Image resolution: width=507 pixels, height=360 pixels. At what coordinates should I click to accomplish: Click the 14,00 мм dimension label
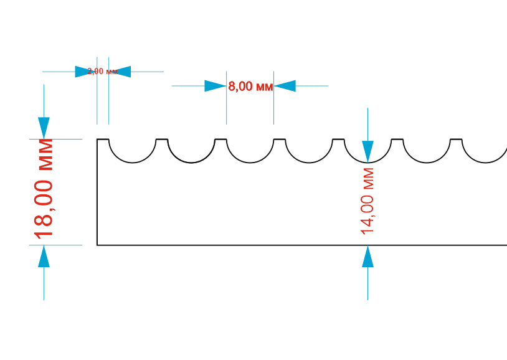367,201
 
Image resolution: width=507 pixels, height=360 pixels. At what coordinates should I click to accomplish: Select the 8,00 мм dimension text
250,87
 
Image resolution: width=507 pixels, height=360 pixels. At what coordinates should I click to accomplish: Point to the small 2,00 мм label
103,72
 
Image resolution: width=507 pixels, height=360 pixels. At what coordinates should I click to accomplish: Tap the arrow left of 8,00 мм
215,86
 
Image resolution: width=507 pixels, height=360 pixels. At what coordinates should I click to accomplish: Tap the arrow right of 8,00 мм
285,86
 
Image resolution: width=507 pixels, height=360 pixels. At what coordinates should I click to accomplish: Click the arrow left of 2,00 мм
85,72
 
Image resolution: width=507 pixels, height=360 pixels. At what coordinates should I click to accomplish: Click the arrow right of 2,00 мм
121,72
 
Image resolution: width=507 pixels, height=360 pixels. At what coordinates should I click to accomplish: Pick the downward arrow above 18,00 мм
44,128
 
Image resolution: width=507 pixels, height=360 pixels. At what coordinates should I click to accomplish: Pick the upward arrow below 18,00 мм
44,257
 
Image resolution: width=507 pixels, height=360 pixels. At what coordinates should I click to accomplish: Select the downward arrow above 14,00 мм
367,150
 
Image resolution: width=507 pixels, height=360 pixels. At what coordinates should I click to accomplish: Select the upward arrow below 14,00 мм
367,257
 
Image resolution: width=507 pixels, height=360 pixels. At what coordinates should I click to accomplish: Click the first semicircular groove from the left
132,153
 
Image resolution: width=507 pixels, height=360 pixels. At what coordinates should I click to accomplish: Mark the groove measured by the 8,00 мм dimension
250,153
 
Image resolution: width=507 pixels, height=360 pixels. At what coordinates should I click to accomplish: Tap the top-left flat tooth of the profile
103,140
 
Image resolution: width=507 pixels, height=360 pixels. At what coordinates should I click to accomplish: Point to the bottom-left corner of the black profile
97,245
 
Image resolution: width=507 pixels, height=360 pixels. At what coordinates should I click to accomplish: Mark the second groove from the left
191,153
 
